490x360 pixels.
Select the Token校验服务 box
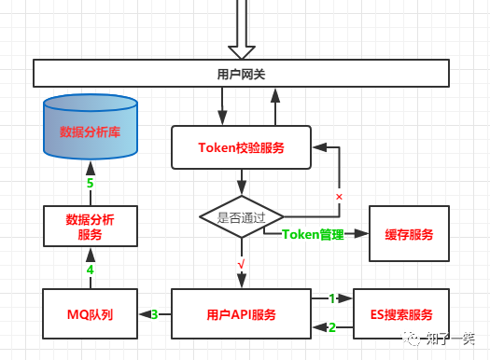coord(241,147)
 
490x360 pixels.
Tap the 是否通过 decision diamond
coord(241,216)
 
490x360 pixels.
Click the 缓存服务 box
coord(408,234)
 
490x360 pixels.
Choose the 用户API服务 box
coord(241,314)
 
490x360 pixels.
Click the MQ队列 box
coord(91,314)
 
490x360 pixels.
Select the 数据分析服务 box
coord(91,228)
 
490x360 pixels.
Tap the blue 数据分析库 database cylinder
coord(91,131)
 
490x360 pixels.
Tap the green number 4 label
coord(91,270)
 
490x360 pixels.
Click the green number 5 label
coord(91,183)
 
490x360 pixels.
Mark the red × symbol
coord(339,197)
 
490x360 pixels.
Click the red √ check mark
coord(241,265)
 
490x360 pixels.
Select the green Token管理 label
coord(313,234)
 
